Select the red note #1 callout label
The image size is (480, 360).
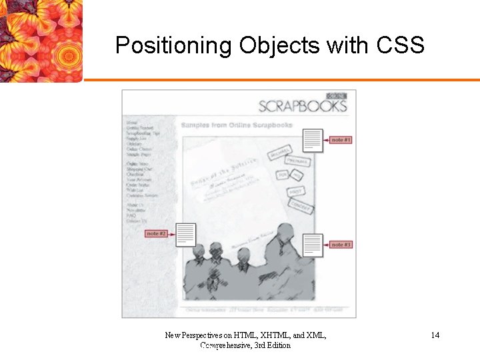tap(341, 140)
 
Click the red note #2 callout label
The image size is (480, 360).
tap(156, 233)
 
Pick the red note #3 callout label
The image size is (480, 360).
tap(341, 245)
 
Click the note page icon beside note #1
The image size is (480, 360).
tap(313, 140)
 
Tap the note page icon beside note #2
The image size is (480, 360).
tap(186, 234)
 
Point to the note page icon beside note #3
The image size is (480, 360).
tap(313, 245)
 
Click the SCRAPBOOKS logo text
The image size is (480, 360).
tap(302, 107)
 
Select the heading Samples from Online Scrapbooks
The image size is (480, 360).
tap(236, 125)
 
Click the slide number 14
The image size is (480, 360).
tap(435, 335)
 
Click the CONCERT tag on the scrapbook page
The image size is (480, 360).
tap(301, 207)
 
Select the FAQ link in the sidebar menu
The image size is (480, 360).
tap(131, 216)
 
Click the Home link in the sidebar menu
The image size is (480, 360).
tap(131, 123)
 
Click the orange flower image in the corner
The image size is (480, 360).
tap(40, 40)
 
